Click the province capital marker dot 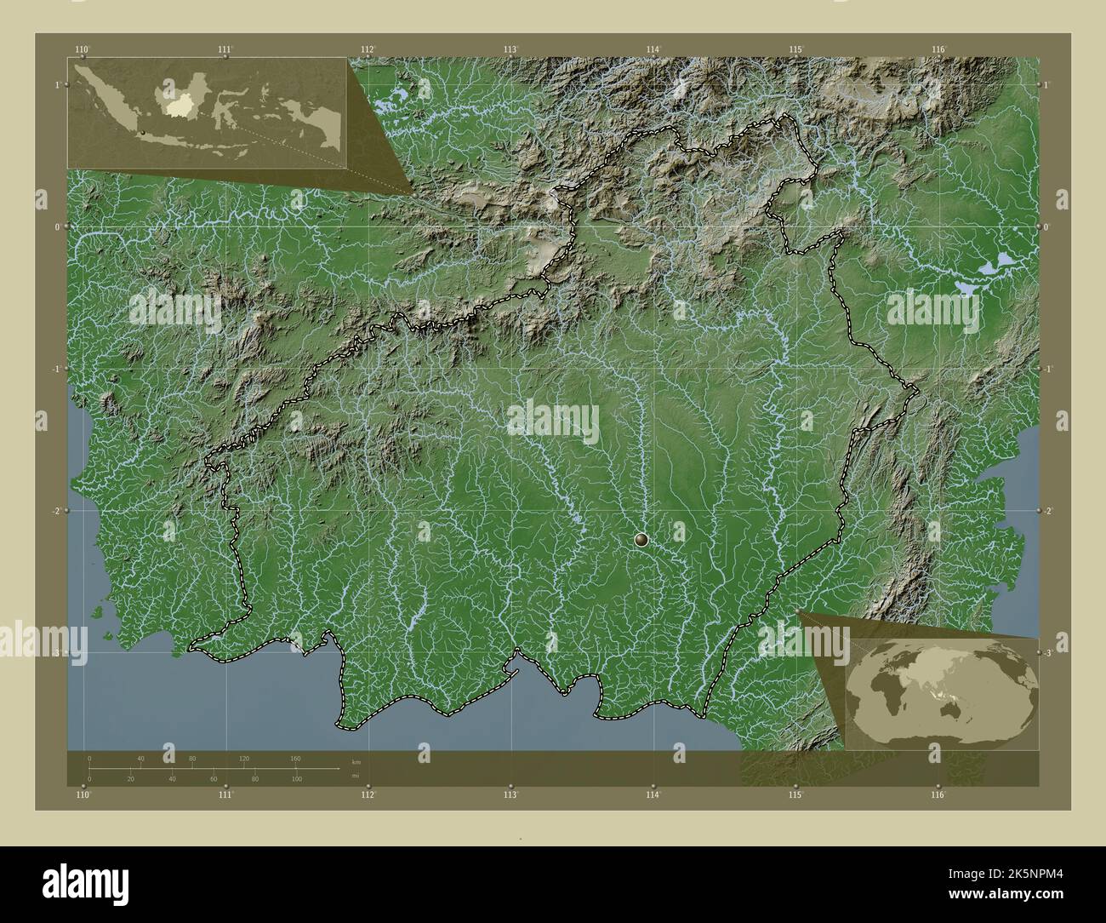[x=641, y=539]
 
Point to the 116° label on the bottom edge [x=938, y=794]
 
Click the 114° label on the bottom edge [x=653, y=794]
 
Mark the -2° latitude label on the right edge [x=1048, y=511]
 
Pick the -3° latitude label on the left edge [x=56, y=653]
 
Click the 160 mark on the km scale [x=295, y=758]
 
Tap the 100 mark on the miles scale [x=295, y=779]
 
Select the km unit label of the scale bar [x=356, y=760]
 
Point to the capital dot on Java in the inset [x=145, y=132]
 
